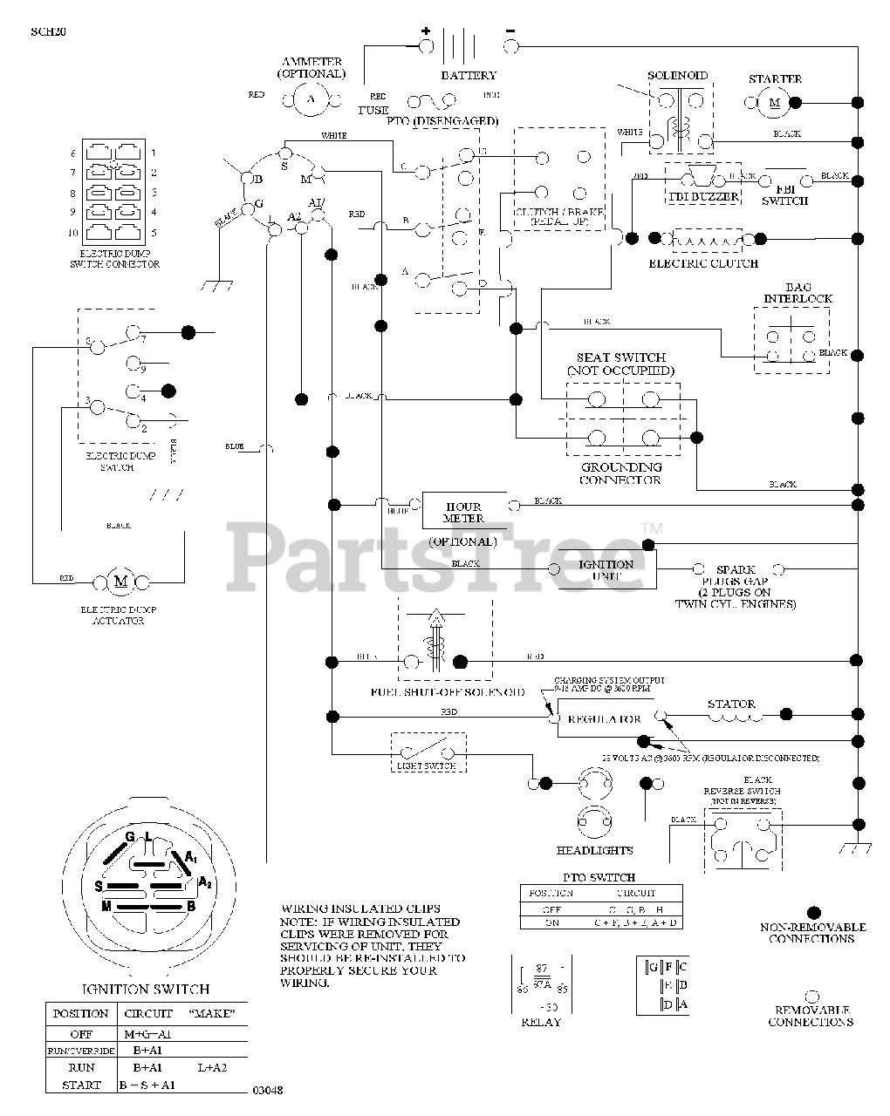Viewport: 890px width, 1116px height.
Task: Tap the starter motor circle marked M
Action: click(x=773, y=103)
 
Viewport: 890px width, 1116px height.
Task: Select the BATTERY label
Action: click(x=469, y=76)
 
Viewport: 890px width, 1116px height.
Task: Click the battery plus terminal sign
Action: click(x=426, y=31)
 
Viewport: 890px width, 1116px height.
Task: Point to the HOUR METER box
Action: click(x=463, y=513)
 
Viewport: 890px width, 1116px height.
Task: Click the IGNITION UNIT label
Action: click(x=606, y=569)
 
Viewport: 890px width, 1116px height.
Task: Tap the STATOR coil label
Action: click(x=731, y=704)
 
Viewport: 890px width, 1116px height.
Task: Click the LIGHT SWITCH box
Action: click(x=427, y=754)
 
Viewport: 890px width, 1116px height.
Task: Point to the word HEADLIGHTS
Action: click(x=594, y=850)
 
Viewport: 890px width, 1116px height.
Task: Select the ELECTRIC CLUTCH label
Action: click(x=703, y=263)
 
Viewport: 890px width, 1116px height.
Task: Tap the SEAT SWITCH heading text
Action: click(x=620, y=357)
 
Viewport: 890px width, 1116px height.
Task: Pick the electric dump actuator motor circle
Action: click(x=121, y=582)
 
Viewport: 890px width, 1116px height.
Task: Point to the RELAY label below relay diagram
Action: click(x=540, y=1021)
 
